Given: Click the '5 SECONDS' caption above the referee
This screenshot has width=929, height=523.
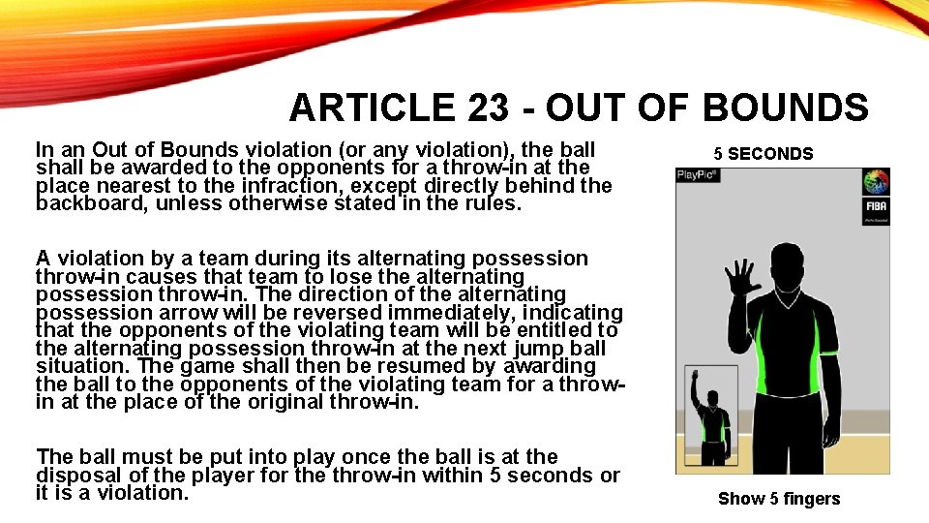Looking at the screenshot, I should point(764,154).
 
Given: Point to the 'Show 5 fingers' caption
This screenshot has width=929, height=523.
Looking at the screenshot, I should point(779,499).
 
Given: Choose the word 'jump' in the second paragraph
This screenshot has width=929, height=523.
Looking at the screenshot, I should point(520,348).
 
